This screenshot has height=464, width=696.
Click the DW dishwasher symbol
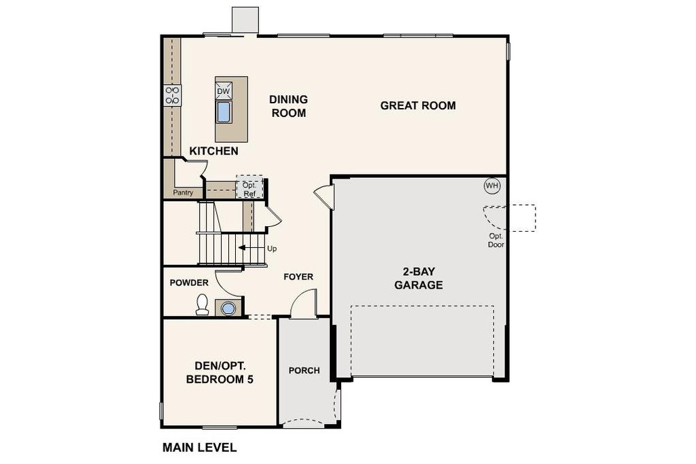(x=224, y=91)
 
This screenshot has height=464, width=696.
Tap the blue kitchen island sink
(x=223, y=112)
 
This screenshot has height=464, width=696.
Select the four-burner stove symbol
(x=172, y=95)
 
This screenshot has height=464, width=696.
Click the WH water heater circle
(x=492, y=185)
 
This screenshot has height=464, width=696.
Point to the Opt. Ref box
(x=249, y=187)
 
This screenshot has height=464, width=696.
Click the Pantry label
(x=183, y=192)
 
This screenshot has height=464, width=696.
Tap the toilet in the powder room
(x=203, y=304)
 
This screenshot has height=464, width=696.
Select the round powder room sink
(x=228, y=308)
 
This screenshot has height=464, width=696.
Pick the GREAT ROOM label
(x=418, y=105)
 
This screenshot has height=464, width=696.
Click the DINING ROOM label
(x=288, y=106)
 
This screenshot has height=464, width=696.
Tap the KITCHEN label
(x=213, y=151)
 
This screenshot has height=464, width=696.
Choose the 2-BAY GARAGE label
(x=419, y=278)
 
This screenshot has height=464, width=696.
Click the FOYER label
(x=298, y=276)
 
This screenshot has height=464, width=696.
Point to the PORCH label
(x=304, y=370)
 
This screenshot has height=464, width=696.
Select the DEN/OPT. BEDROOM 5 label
(x=220, y=372)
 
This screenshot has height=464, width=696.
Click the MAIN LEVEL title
(x=199, y=448)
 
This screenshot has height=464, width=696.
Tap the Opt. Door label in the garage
(x=495, y=240)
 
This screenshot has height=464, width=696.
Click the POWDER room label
(x=189, y=283)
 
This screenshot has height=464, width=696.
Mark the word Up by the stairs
(x=272, y=249)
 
